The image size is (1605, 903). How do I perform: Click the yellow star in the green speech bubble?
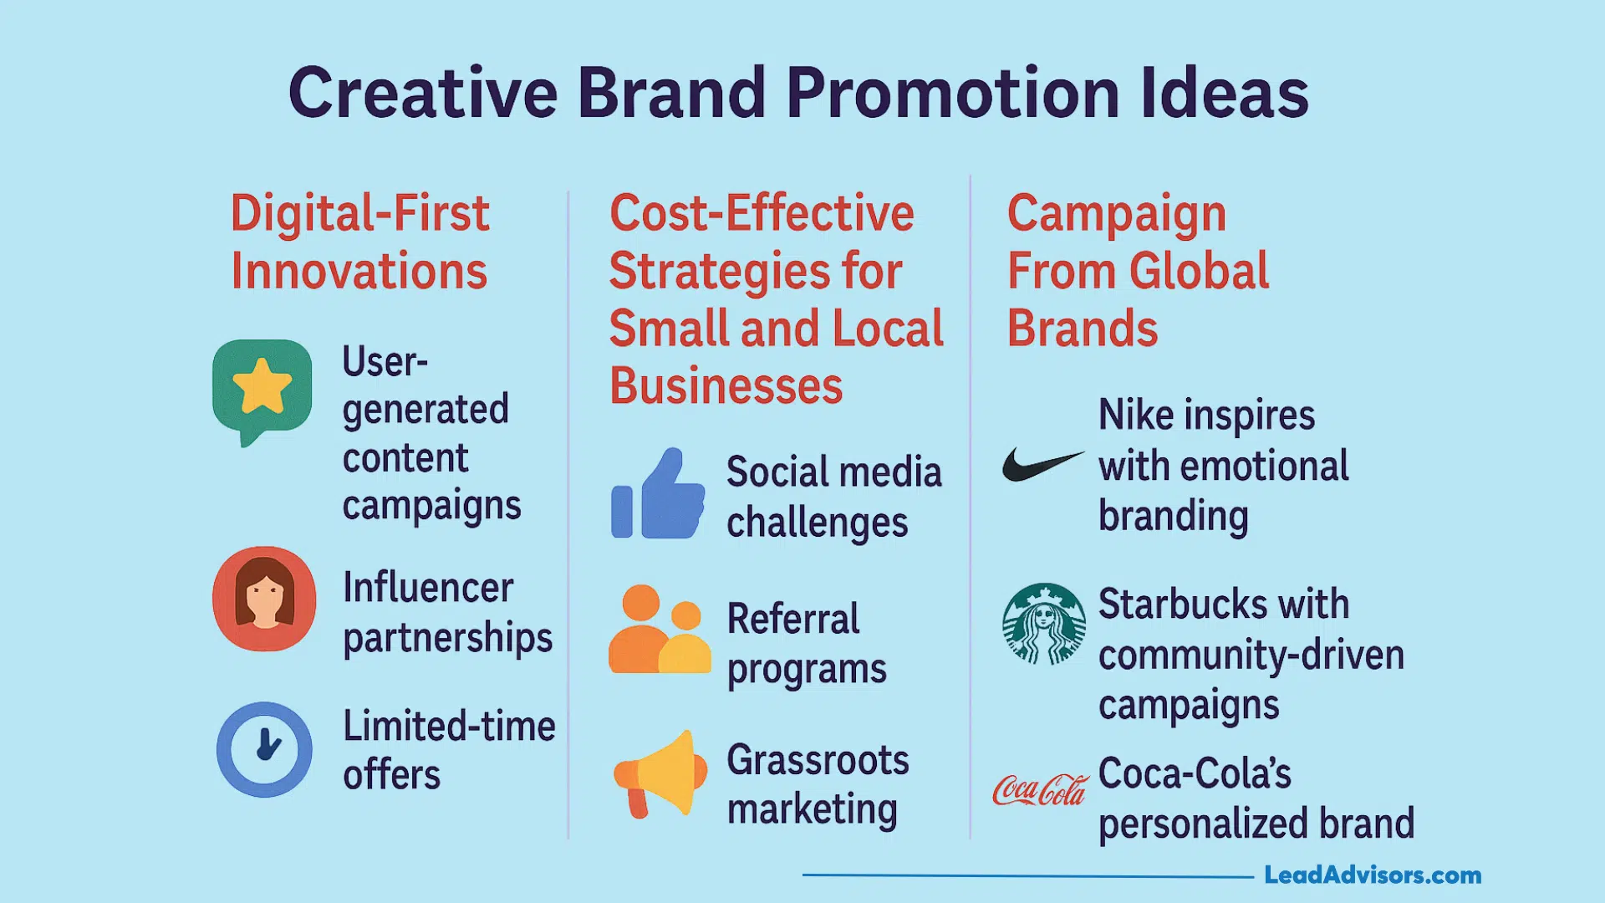(262, 385)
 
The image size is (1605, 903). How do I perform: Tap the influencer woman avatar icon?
(264, 599)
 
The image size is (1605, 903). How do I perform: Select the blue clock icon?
(264, 749)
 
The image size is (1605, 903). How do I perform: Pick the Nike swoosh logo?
(1042, 464)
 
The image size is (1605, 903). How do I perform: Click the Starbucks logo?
(1044, 624)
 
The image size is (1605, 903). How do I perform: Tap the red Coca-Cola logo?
(1041, 789)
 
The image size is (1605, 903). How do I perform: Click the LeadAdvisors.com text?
(1373, 875)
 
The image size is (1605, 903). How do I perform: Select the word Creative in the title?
(423, 92)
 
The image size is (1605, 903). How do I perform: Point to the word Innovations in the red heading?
(359, 271)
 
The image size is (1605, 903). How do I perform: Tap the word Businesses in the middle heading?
(726, 385)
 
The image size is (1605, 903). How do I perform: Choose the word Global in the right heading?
(1199, 271)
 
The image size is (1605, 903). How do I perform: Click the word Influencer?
(428, 588)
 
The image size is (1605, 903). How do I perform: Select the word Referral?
(793, 619)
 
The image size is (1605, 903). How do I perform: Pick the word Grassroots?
(818, 760)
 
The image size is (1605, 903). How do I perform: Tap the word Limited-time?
(450, 726)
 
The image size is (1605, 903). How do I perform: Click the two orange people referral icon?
(660, 629)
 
